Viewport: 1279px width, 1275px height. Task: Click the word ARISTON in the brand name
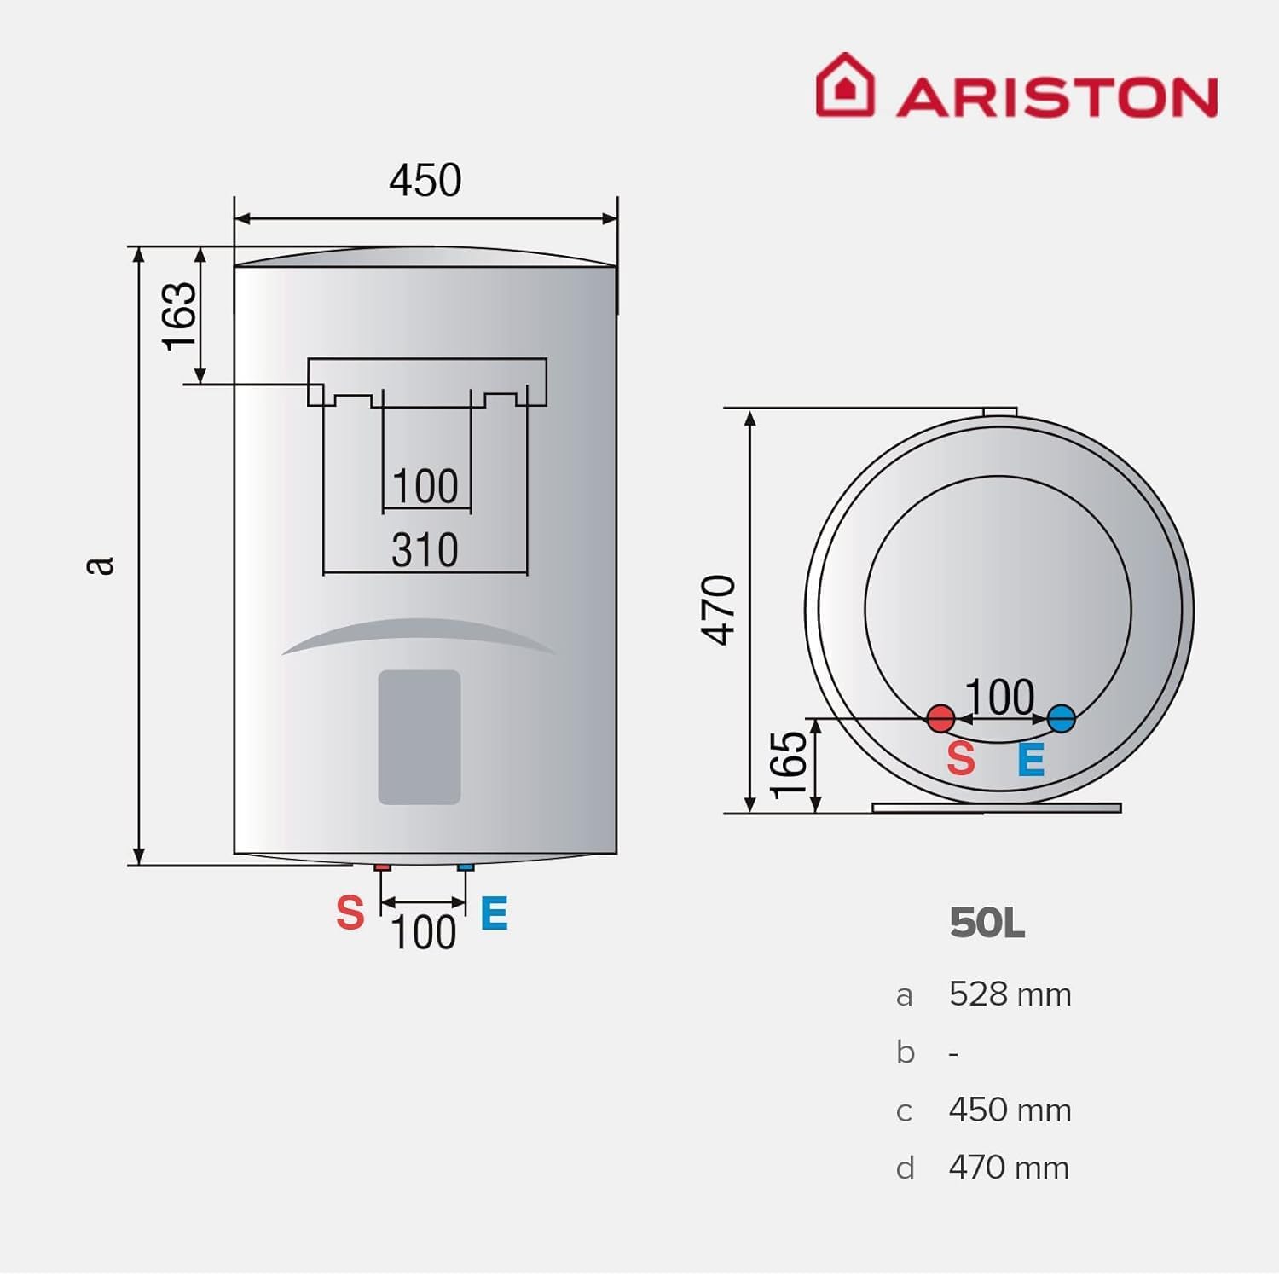[x=1056, y=97]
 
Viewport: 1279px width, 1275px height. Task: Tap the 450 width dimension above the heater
[x=425, y=180]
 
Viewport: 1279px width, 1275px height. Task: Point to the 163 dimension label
[x=180, y=316]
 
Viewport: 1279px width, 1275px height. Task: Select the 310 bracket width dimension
[x=425, y=550]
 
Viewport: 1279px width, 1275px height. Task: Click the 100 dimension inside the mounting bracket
[x=425, y=487]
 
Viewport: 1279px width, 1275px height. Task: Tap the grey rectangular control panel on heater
[x=420, y=737]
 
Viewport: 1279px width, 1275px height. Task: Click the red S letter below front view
[x=350, y=913]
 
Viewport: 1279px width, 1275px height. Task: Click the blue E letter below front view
[x=495, y=913]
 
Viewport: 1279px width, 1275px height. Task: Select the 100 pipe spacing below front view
[x=423, y=932]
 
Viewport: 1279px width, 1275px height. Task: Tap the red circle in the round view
[x=940, y=718]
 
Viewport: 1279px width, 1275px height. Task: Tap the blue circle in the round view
[x=1061, y=718]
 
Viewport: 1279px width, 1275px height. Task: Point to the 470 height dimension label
[x=718, y=610]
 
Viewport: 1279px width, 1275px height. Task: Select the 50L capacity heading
[x=987, y=923]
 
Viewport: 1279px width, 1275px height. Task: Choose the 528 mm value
[x=1010, y=994]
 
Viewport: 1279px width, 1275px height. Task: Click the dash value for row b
[x=953, y=1054]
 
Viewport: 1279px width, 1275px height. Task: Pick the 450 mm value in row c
[x=1010, y=1110]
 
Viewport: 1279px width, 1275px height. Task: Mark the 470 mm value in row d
[x=1009, y=1168]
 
